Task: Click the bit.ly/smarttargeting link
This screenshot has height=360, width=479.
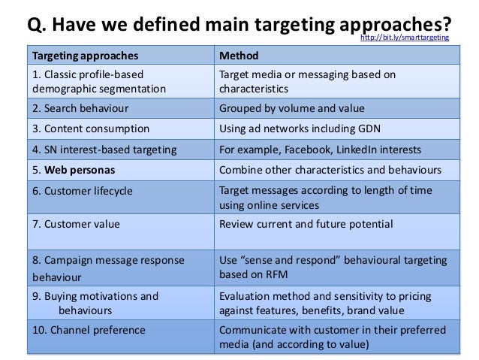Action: pyautogui.click(x=405, y=36)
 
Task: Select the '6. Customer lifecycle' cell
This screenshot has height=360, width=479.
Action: pyautogui.click(x=83, y=191)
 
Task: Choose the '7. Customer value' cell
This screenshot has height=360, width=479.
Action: pyautogui.click(x=75, y=223)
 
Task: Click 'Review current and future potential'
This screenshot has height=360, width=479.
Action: pyautogui.click(x=306, y=223)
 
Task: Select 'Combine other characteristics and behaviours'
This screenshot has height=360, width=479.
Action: pyautogui.click(x=330, y=170)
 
